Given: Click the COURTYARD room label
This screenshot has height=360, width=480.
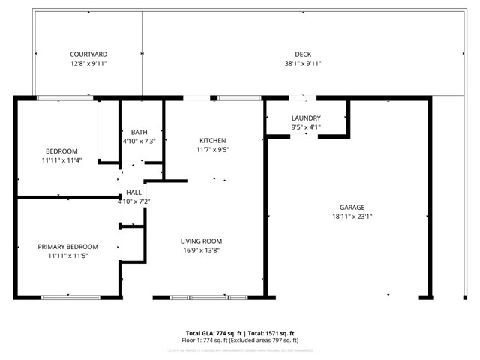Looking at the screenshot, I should (88, 55).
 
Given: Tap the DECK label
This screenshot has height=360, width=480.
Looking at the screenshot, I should (302, 55).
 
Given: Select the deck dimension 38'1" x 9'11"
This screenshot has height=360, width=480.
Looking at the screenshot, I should (302, 64).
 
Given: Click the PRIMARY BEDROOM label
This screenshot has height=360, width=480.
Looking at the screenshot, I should (68, 247).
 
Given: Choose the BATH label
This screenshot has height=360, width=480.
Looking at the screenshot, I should (139, 133).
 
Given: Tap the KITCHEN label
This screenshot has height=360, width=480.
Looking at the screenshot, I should (212, 141).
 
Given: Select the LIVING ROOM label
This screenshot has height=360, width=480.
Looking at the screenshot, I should (201, 241).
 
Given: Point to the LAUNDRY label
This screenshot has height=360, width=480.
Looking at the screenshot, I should (306, 118).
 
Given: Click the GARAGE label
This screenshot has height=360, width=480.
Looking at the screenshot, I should (352, 208).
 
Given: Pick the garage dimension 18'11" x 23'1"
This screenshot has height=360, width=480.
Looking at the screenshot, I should (352, 217).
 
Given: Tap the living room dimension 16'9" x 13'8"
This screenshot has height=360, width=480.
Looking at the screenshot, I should (201, 250).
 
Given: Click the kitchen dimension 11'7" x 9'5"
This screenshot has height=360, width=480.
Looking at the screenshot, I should (212, 150).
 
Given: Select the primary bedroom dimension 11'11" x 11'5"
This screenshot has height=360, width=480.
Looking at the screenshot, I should (68, 256).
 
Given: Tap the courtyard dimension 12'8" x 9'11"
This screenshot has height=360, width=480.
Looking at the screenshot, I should (88, 64).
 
